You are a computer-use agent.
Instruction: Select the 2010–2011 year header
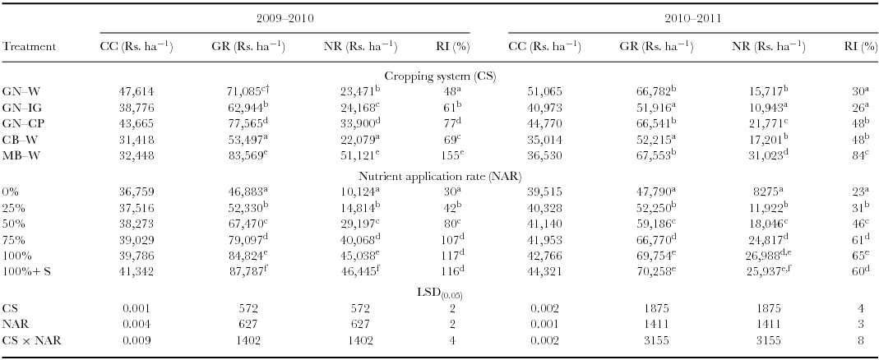[694, 16]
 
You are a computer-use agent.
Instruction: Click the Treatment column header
[30, 46]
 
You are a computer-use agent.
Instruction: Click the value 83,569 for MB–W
[247, 152]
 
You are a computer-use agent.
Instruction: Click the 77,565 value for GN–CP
[247, 121]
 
